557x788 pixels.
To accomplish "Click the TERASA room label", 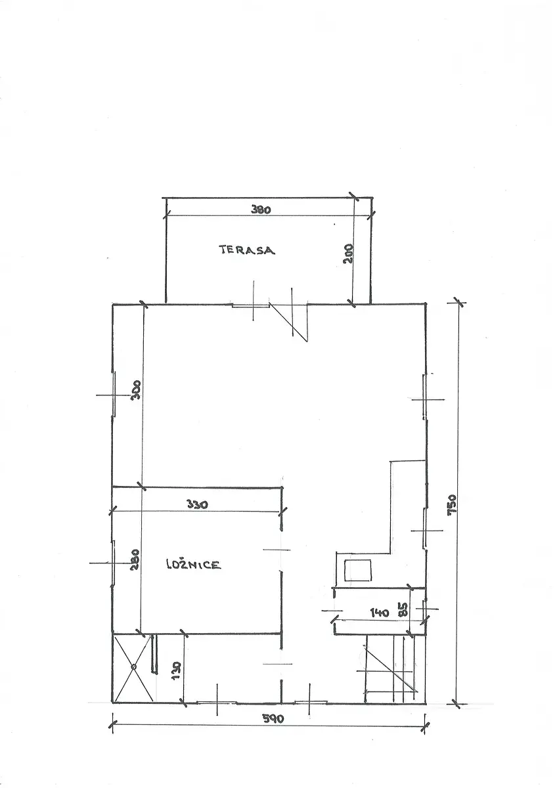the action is click(247, 250).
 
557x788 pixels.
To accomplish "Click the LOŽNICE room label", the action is click(193, 565).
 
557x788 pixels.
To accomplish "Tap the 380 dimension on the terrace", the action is click(261, 209).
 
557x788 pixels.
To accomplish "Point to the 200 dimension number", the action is click(349, 253).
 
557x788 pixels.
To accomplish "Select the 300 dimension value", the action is click(136, 389).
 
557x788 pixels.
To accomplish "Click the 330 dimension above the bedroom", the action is click(198, 504).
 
